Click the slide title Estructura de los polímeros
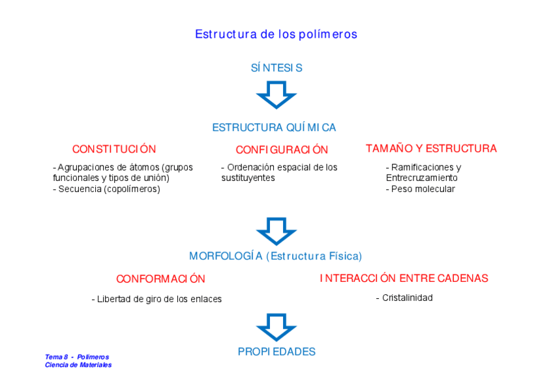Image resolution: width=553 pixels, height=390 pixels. coord(276,34)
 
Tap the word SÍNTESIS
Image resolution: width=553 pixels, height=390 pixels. coord(276,68)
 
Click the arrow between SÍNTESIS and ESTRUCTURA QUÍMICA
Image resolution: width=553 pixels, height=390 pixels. coord(276,94)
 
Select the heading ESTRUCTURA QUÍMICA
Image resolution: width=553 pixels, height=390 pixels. coord(274,128)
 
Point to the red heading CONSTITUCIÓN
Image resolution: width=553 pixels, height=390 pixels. coord(114,149)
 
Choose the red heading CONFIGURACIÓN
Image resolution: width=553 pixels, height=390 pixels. coord(282,150)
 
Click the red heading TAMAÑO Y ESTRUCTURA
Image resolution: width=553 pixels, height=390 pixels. coord(431,148)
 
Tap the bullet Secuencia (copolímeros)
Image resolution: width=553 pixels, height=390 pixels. coord(109,189)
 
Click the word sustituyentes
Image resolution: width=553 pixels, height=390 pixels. coord(248,178)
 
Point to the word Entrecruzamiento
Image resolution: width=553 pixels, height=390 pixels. coord(422,178)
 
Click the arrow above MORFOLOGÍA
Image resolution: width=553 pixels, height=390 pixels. coord(276,231)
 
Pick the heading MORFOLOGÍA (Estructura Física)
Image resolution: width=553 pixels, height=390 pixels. coord(275,256)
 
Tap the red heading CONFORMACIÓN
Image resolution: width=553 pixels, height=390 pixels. coord(160,279)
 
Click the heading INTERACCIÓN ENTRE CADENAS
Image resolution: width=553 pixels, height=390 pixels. coord(404,278)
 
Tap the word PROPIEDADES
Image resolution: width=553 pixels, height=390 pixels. coord(276,352)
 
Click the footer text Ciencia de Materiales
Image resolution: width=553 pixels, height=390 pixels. coord(78,365)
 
